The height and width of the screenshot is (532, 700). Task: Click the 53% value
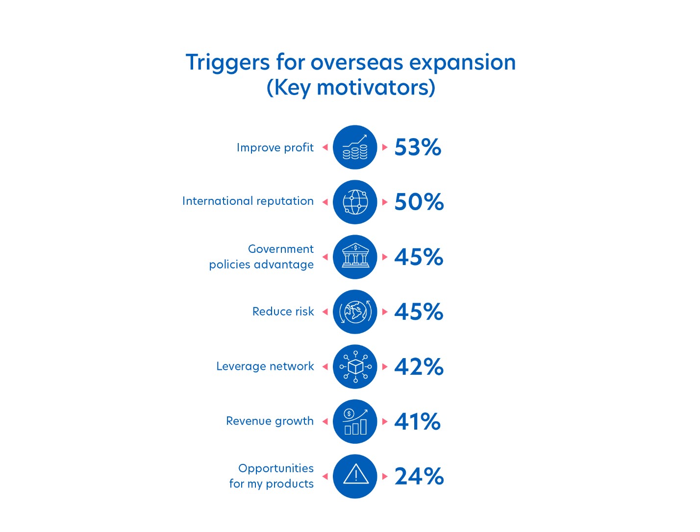click(418, 147)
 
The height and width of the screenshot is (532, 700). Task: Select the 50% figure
click(419, 202)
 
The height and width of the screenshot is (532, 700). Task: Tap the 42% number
click(419, 366)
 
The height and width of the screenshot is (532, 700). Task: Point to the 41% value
click(417, 421)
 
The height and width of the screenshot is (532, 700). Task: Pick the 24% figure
click(419, 477)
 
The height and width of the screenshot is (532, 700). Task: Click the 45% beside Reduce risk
click(419, 312)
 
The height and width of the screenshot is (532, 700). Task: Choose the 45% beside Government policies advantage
click(419, 257)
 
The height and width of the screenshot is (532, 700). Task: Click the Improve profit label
click(275, 148)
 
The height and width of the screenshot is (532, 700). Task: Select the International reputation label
click(248, 201)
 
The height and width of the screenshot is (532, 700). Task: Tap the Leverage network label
click(265, 366)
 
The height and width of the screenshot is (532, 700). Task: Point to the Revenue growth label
click(270, 421)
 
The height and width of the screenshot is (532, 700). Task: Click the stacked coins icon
click(355, 147)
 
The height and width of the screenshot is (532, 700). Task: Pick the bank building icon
click(355, 256)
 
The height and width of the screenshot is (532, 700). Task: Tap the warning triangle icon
click(355, 474)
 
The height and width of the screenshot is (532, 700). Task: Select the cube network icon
click(355, 366)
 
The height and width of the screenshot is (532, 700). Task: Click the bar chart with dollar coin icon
click(355, 421)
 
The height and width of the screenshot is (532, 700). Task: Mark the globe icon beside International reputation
click(355, 202)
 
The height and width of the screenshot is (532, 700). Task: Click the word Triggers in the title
click(228, 63)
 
